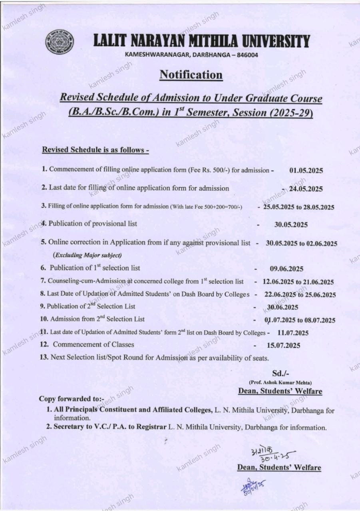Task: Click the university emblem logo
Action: tap(60, 42)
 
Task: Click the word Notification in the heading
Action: tap(191, 75)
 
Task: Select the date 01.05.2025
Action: tap(306, 170)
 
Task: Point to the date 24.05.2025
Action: tap(306, 189)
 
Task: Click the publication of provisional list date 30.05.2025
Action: tap(291, 225)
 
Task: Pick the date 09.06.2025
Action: tap(286, 269)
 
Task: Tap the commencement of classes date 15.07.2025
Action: tap(283, 345)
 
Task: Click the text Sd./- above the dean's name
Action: tap(280, 374)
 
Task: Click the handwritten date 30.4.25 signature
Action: tap(268, 454)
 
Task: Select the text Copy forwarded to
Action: tap(71, 399)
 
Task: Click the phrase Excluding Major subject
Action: tap(87, 255)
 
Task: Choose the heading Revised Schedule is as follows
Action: tap(95, 150)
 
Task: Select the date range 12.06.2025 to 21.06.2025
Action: tap(298, 282)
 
